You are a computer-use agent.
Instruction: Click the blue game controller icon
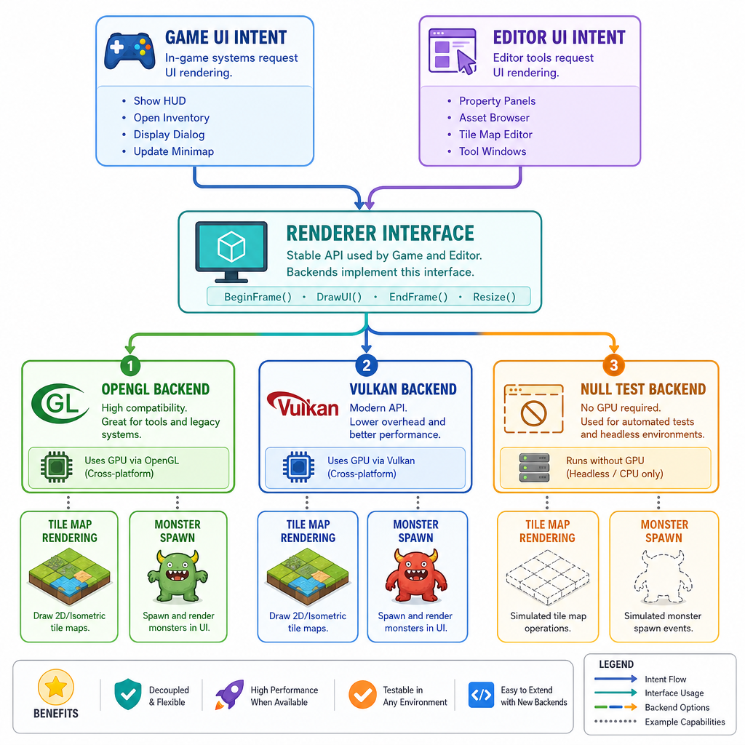130,50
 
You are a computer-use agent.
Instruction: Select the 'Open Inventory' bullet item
172,118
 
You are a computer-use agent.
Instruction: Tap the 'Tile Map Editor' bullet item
495,135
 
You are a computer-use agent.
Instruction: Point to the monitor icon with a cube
231,252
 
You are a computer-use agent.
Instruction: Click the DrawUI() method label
339,297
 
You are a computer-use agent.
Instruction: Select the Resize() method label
494,297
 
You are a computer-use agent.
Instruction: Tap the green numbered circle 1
131,365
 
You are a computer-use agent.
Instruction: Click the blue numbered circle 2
367,365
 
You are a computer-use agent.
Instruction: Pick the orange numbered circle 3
613,365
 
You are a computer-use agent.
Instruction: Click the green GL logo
60,403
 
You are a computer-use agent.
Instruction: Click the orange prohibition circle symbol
533,413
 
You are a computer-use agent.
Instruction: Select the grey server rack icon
535,468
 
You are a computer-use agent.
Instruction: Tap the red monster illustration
415,576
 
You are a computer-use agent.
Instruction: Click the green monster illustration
178,576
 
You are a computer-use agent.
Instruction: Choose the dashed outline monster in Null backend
663,576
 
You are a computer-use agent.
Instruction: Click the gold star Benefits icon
56,687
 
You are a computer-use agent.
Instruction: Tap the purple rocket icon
229,695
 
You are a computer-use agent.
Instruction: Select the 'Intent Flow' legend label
665,680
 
